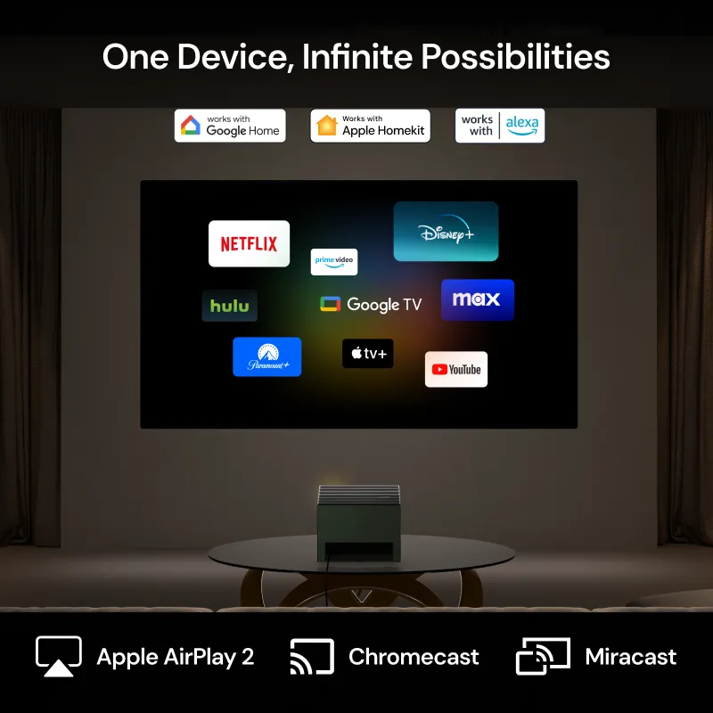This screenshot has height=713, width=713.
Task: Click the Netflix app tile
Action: [249, 243]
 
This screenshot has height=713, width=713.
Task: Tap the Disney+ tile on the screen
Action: [446, 231]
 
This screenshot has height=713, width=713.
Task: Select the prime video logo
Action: [333, 261]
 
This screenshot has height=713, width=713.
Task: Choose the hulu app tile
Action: [230, 306]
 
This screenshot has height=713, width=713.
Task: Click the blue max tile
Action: [477, 299]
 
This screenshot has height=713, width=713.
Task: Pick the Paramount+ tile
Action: [266, 356]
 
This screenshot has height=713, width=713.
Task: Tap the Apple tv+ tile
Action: [367, 353]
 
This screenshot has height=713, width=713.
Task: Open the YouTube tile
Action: [455, 369]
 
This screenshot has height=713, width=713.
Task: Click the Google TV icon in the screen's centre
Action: [331, 304]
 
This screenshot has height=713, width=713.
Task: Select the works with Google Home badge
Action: [230, 126]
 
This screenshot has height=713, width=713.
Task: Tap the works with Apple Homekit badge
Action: [370, 126]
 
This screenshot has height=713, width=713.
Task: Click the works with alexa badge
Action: [499, 126]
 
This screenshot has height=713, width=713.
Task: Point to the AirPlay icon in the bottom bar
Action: [59, 657]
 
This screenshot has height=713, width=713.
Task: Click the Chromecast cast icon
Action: [311, 657]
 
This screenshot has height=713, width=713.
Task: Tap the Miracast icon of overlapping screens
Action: [542, 657]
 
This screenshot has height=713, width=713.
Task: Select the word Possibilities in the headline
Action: [515, 57]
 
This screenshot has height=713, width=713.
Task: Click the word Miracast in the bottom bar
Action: [630, 657]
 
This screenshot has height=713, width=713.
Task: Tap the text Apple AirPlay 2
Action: [175, 657]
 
